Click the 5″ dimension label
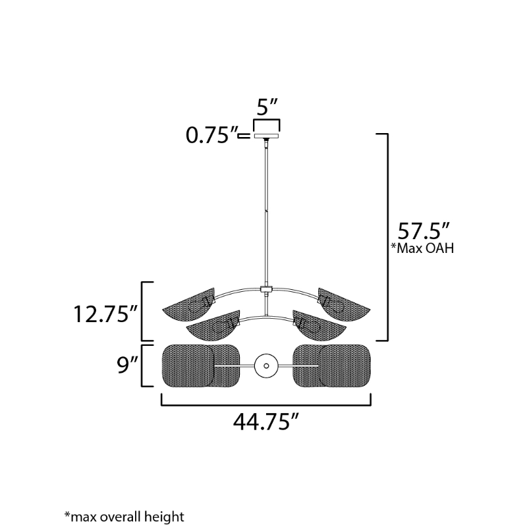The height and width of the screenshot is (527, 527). click(x=267, y=107)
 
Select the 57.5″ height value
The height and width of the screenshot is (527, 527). click(x=423, y=231)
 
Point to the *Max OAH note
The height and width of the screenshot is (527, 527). click(x=422, y=248)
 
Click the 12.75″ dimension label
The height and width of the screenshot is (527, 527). click(x=105, y=314)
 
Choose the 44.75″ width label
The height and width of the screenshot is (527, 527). click(x=266, y=422)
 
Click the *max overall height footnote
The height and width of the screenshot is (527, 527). click(x=125, y=516)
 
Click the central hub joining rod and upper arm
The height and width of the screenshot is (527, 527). click(x=267, y=289)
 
